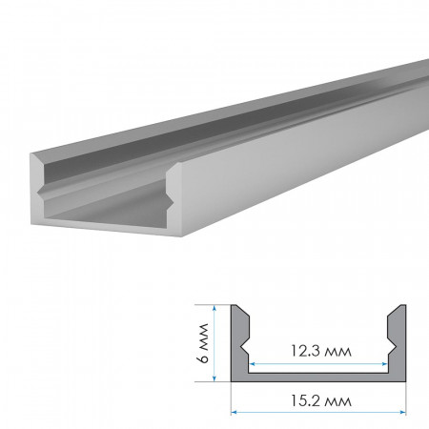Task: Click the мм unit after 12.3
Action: click(x=337, y=352)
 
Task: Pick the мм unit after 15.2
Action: click(x=337, y=400)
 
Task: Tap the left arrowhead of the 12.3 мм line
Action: click(x=254, y=363)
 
